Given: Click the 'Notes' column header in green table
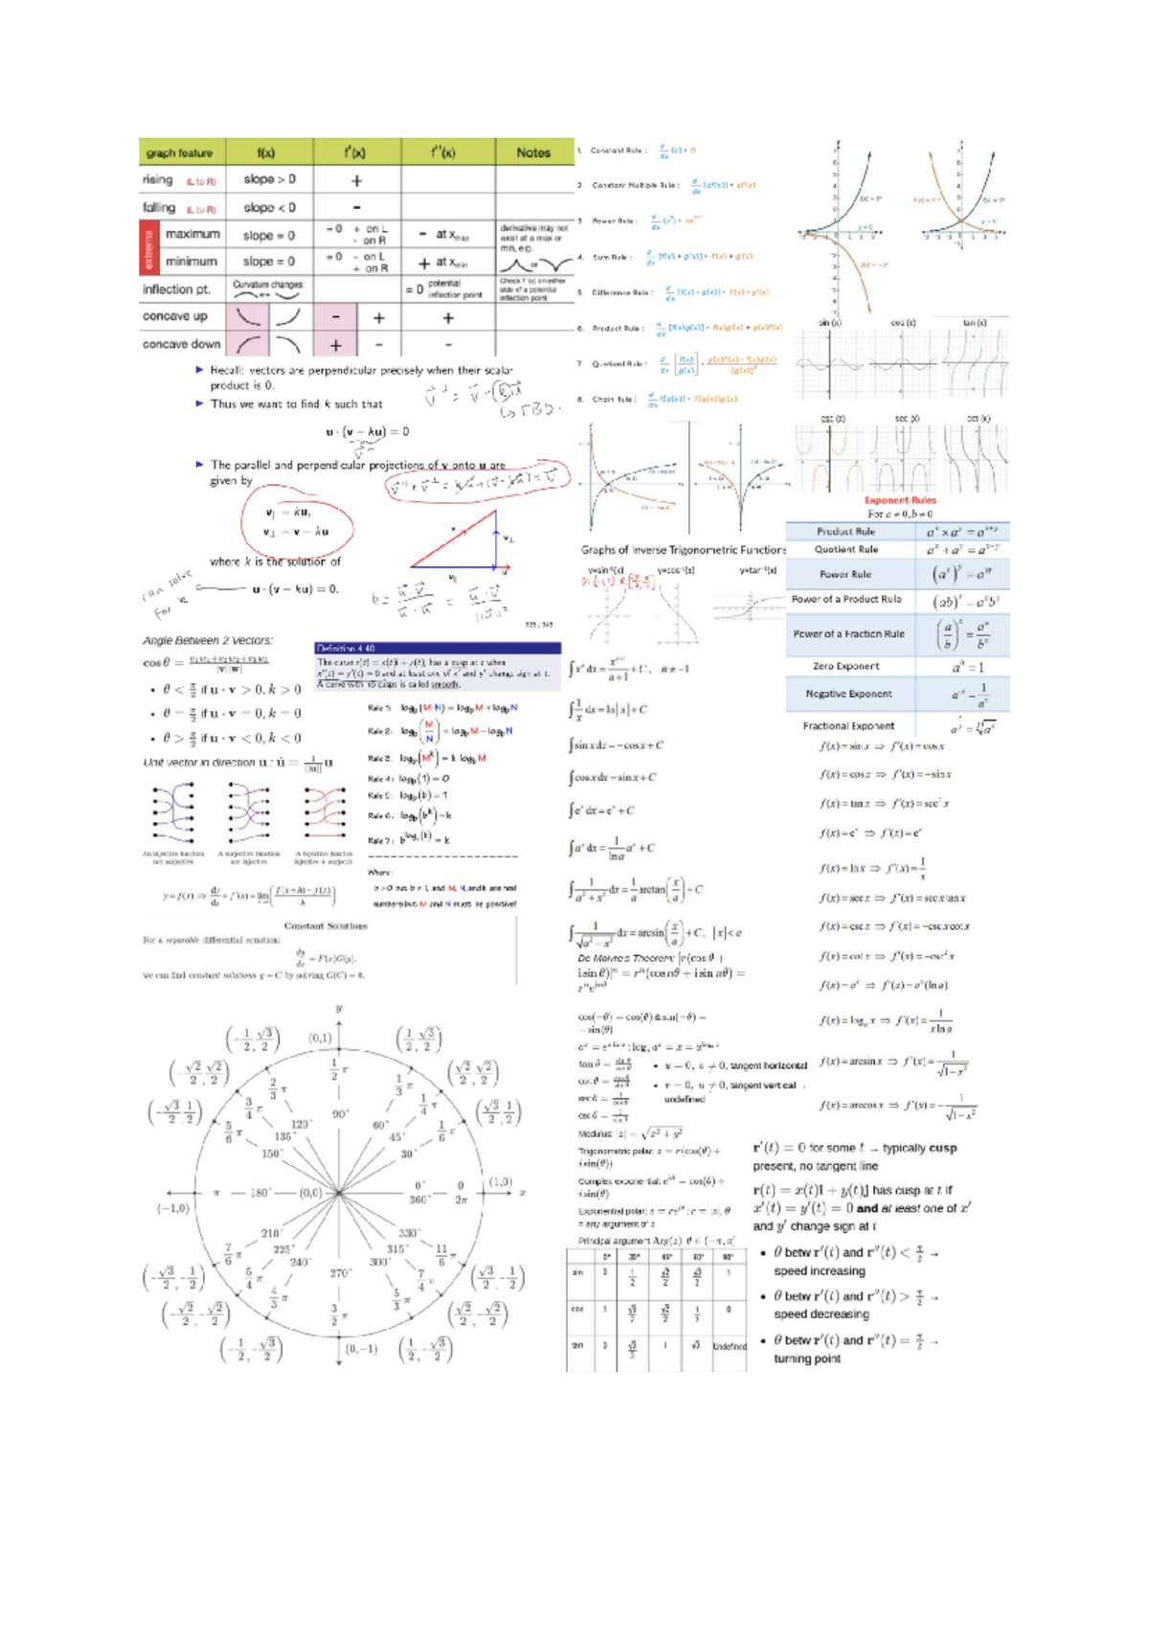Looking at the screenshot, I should pos(533,152).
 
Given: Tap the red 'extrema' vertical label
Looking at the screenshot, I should pos(148,247).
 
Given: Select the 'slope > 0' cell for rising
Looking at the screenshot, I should pos(269,179).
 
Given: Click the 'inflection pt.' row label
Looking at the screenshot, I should pos(176,289).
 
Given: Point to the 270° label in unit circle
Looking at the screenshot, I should pos(340,1273).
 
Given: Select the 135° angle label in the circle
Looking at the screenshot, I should pos(283,1136).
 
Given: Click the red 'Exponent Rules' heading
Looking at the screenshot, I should pos(899,500).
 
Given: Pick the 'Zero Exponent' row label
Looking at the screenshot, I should pos(845,666).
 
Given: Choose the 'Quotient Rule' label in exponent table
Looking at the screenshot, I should pos(845,549).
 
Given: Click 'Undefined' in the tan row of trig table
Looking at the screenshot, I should pos(729,1346).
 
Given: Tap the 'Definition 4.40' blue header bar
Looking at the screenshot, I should pos(437,649).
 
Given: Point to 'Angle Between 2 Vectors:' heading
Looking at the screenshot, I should pos(208,640).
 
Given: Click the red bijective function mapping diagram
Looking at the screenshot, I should pos(324,811).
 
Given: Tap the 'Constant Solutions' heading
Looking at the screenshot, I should pos(326,926).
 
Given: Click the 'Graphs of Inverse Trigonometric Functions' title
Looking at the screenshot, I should pos(683,550).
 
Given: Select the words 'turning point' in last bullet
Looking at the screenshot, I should pos(806,1359).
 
